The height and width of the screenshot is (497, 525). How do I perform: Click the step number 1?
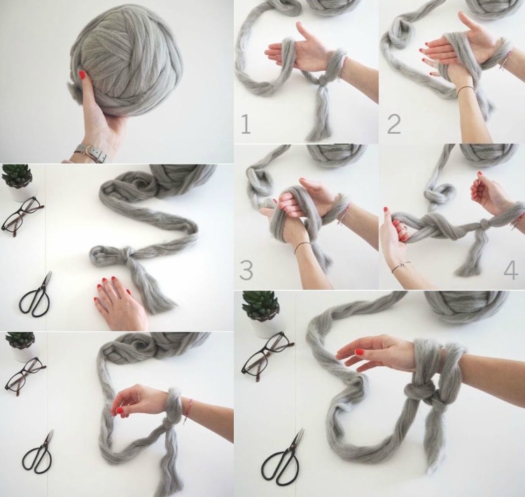pos(246,124)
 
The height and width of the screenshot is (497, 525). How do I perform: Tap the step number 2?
pos(393,124)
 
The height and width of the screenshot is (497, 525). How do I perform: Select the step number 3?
pos(246,270)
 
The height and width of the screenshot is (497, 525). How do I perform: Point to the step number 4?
pos(510,271)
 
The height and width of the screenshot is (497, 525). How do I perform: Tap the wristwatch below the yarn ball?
pos(90,153)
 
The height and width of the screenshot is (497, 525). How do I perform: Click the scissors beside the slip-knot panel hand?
pos(35,295)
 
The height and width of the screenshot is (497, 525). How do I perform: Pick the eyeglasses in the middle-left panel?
pos(22,215)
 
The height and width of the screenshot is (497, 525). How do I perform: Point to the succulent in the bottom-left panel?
pos(20,342)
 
